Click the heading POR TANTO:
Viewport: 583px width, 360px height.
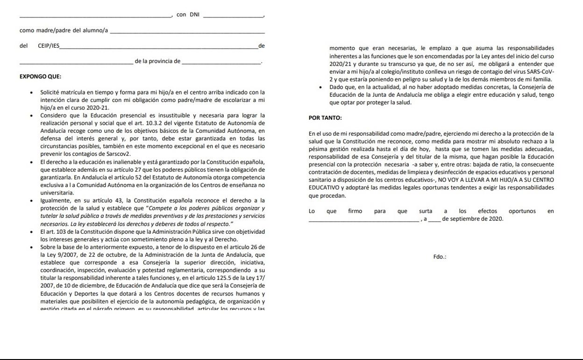coord(325,118)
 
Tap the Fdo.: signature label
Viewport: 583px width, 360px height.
coord(440,257)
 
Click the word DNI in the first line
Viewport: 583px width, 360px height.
coord(194,14)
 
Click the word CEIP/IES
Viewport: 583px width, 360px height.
coord(49,46)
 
